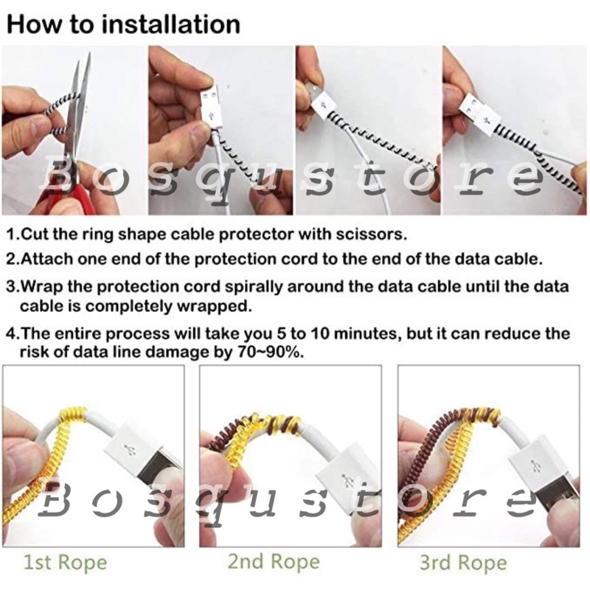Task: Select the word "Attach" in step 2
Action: pyautogui.click(x=41, y=260)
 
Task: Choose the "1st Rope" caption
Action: pyautogui.click(x=66, y=563)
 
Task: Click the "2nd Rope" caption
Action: pyautogui.click(x=274, y=562)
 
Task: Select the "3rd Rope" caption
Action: pyautogui.click(x=464, y=563)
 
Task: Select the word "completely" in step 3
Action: pyautogui.click(x=128, y=307)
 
